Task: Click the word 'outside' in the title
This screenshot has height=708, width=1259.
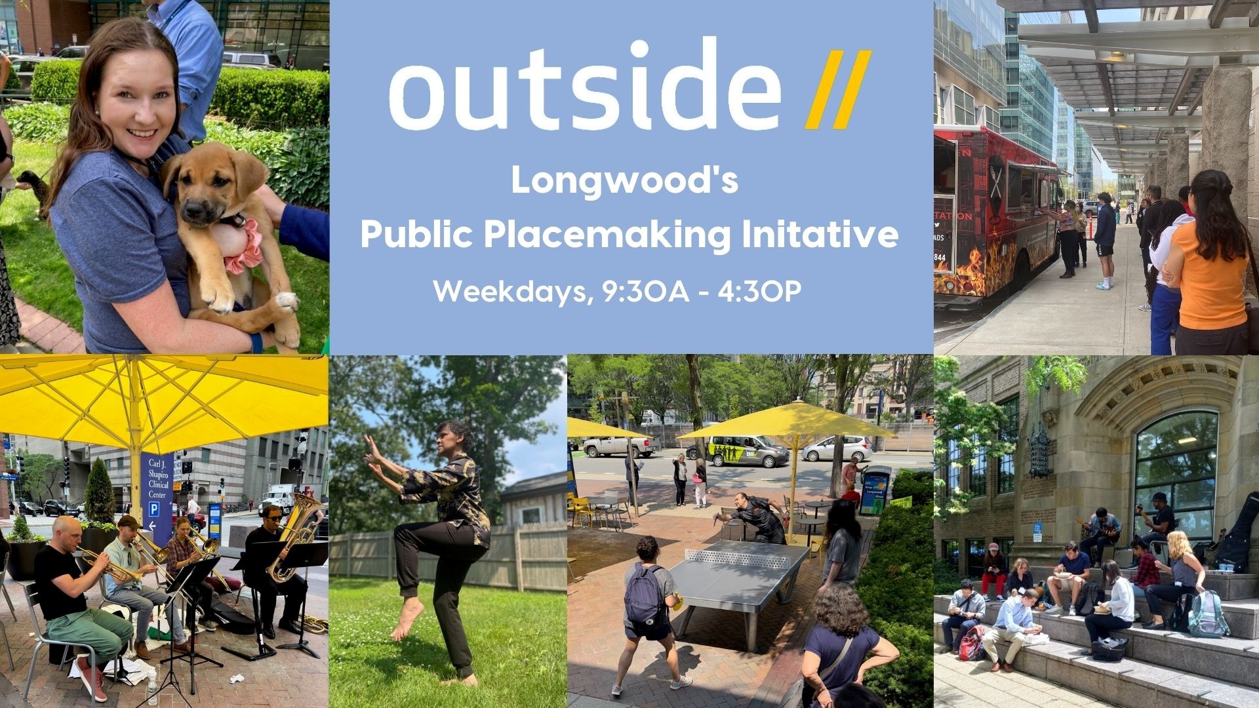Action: (586, 85)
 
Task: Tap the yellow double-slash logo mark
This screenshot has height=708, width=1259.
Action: (838, 89)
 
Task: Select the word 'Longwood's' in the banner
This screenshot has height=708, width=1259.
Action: (624, 180)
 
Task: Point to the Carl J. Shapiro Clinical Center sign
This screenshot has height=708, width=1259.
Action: (158, 488)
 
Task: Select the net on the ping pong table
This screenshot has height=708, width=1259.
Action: (738, 558)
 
